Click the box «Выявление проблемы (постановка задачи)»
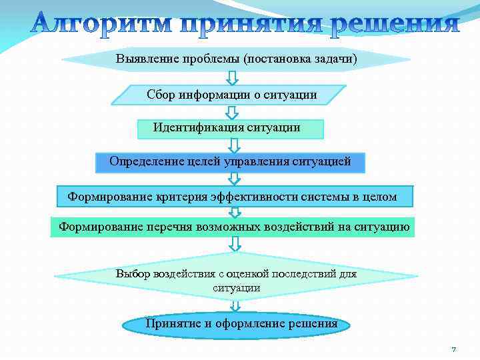[x=236, y=59]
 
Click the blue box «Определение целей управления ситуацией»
[x=230, y=161]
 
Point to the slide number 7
[x=453, y=349]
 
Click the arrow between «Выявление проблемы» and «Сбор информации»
[x=231, y=77]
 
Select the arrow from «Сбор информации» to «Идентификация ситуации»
[x=231, y=112]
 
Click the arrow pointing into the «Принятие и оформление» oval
[x=235, y=305]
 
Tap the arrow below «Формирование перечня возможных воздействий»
[x=235, y=244]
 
